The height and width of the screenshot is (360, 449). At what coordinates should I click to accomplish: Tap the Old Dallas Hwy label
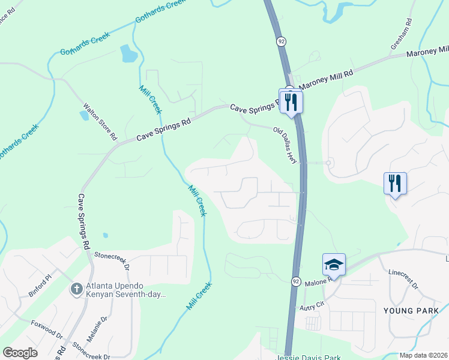point(286,145)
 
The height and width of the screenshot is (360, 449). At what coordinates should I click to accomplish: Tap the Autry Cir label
point(312,306)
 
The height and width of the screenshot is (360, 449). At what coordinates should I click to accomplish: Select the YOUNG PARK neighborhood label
point(407,310)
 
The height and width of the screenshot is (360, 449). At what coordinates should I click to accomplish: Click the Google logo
point(20,353)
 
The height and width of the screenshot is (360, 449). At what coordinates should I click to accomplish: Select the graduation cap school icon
point(334,264)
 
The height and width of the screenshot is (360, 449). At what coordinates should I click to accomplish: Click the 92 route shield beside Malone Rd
point(297,281)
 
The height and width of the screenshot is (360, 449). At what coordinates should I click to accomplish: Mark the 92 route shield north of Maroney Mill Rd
point(281,41)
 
